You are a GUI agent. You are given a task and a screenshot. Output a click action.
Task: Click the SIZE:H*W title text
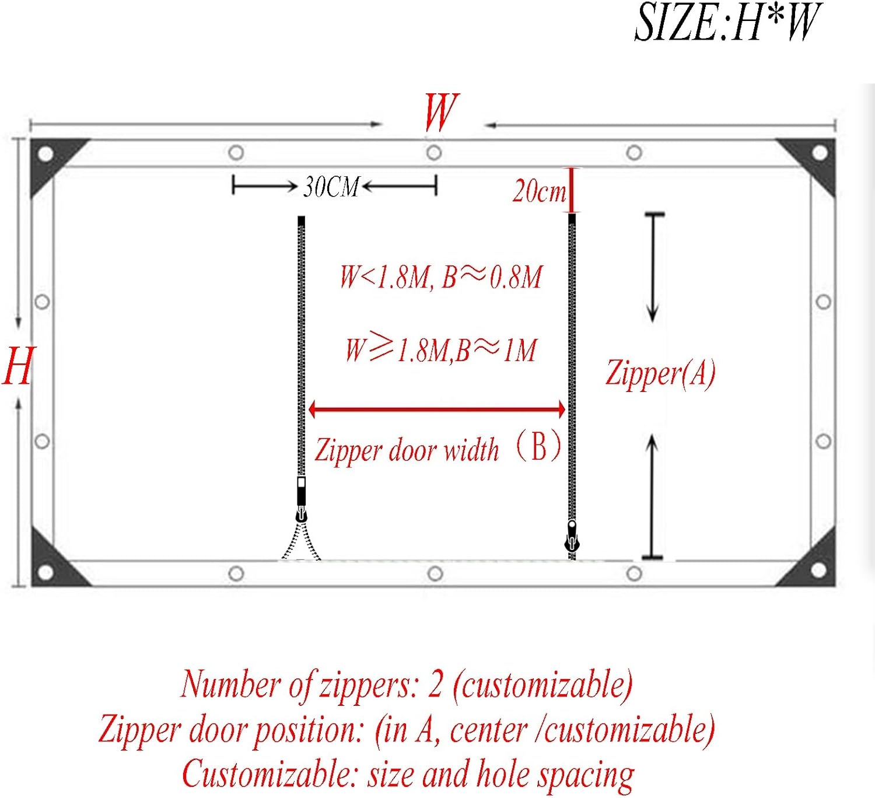727,22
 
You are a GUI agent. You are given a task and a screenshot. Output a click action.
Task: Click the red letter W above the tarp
441,113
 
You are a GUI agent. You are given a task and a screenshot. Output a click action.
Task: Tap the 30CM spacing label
332,187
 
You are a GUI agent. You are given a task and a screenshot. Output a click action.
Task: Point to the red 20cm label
539,191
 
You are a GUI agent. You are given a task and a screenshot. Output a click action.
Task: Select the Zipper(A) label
660,373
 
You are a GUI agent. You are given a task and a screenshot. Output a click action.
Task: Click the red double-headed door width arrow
437,409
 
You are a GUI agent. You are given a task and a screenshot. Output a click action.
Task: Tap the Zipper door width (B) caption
438,449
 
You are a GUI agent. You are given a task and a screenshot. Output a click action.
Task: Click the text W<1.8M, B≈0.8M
441,277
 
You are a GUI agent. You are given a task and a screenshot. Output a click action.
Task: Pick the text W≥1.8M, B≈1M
440,350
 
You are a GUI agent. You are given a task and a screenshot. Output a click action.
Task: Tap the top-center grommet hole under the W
433,153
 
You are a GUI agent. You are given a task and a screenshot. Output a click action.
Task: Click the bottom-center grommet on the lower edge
435,573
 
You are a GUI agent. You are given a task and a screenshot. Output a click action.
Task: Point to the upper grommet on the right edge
823,302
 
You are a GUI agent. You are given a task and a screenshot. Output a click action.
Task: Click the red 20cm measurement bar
572,191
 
